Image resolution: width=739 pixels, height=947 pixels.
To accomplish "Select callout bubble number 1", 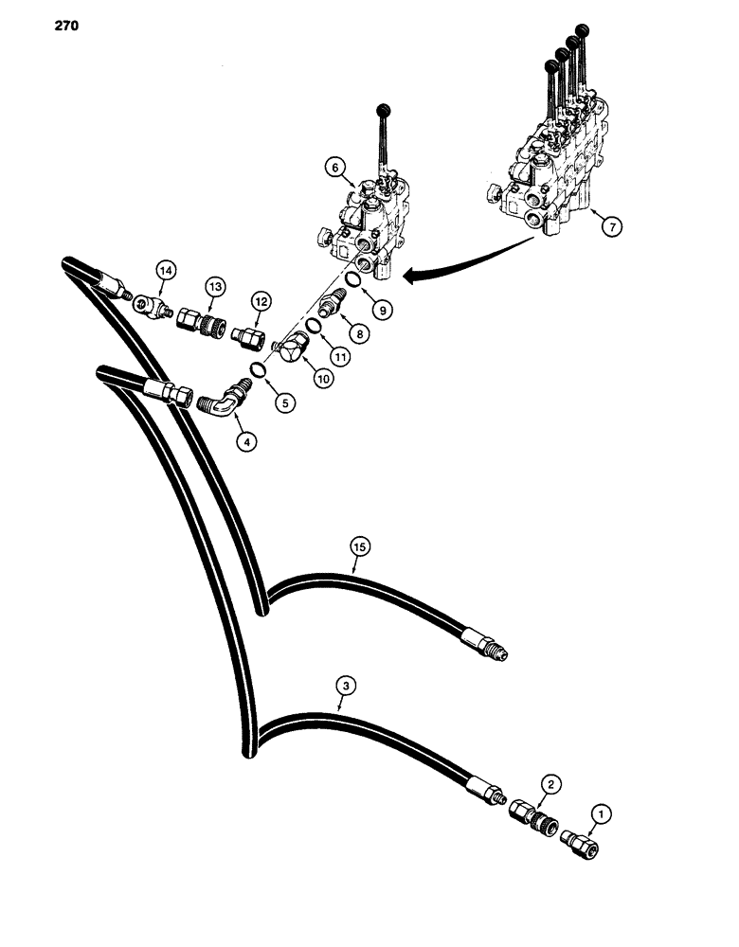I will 598,812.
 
